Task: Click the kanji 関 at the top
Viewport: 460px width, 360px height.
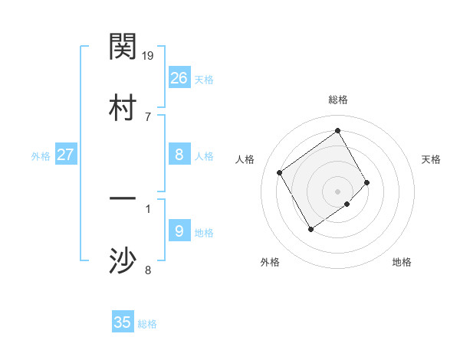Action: (x=123, y=47)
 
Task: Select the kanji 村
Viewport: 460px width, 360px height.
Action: (x=123, y=107)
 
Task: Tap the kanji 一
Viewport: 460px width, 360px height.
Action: (x=123, y=199)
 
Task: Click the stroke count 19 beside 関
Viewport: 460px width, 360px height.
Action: (x=149, y=56)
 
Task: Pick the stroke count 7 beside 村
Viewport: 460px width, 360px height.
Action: (x=148, y=116)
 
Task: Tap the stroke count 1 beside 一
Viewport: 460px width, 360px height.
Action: (x=148, y=208)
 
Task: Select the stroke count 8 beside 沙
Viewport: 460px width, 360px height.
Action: (x=148, y=270)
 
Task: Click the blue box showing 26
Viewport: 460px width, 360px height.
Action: (x=179, y=78)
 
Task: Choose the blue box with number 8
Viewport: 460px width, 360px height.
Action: (x=179, y=155)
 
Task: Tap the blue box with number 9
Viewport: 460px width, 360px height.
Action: (x=179, y=231)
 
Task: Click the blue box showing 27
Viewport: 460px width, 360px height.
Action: (x=66, y=155)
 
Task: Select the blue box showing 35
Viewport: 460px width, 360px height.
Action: (x=123, y=322)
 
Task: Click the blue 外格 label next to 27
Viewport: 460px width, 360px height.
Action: (x=41, y=156)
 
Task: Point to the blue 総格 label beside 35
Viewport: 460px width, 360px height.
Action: (x=147, y=324)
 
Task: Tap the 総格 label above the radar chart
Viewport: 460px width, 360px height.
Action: (x=338, y=100)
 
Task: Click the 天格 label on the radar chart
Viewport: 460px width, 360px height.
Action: (x=432, y=159)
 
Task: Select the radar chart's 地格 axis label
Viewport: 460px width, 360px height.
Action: (x=402, y=262)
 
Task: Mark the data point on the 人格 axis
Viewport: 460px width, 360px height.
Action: (x=280, y=172)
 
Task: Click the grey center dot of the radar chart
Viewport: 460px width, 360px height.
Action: (x=338, y=191)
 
